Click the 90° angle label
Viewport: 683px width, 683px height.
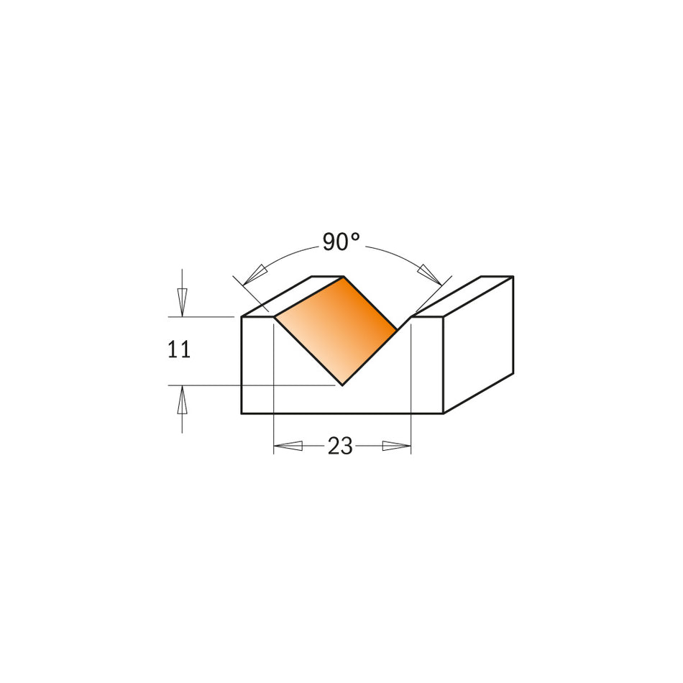tap(340, 242)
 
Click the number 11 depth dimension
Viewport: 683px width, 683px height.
tap(179, 350)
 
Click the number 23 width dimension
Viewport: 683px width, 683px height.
tap(340, 446)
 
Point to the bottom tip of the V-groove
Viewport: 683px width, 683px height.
tap(342, 385)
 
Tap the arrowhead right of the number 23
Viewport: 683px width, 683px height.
tap(394, 446)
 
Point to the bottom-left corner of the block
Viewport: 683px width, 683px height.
tap(242, 413)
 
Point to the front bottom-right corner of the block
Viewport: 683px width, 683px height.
tap(443, 413)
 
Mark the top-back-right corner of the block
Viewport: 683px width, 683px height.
tap(513, 276)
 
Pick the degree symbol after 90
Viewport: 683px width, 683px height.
tap(355, 237)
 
